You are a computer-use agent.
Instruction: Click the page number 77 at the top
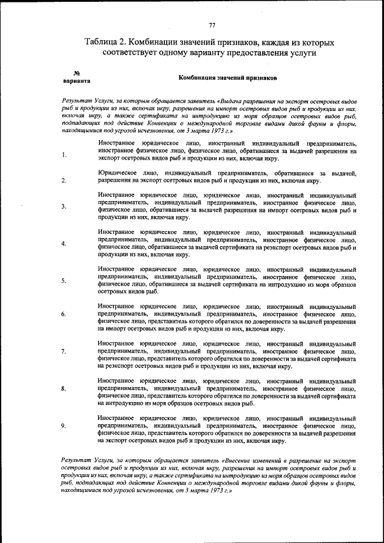click(x=212, y=25)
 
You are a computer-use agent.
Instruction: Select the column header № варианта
click(x=76, y=76)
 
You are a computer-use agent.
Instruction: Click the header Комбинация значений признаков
click(x=227, y=78)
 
